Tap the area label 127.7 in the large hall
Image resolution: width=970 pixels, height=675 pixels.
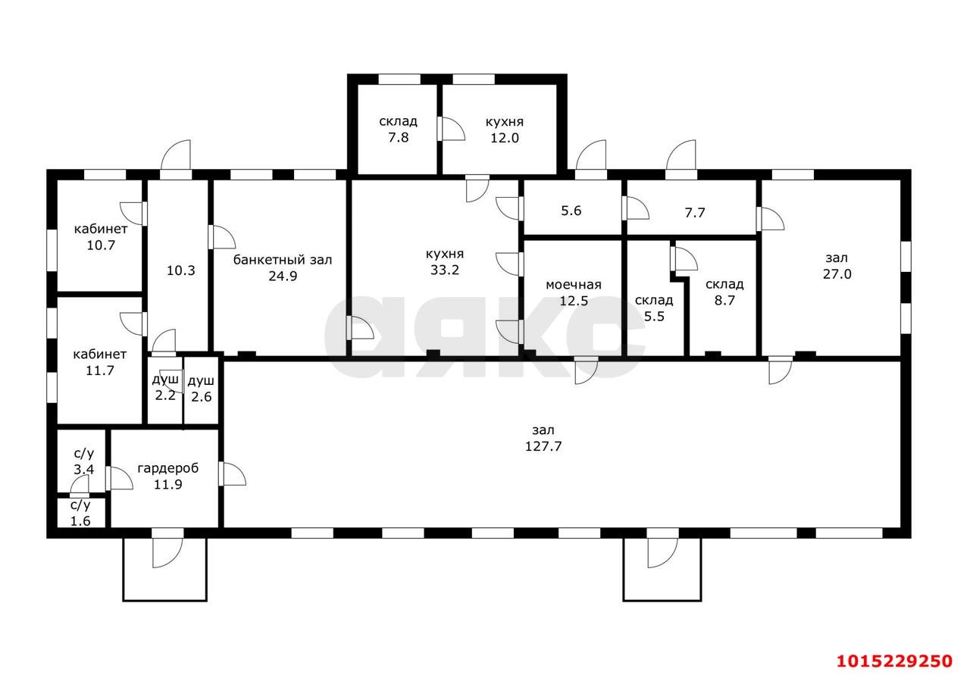point(543,446)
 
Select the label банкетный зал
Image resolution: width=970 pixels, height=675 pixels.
point(282,260)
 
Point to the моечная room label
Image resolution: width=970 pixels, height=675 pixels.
point(573,285)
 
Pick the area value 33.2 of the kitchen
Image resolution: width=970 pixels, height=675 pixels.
point(444,270)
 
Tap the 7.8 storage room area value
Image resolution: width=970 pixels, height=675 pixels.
point(398,138)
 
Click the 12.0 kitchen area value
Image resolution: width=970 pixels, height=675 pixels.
point(504,138)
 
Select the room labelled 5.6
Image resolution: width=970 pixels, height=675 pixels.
point(571,211)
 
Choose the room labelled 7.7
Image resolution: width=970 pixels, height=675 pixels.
point(694,213)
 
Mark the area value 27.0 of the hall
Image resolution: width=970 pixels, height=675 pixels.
point(837,274)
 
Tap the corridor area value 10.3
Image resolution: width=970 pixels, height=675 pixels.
point(181,270)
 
